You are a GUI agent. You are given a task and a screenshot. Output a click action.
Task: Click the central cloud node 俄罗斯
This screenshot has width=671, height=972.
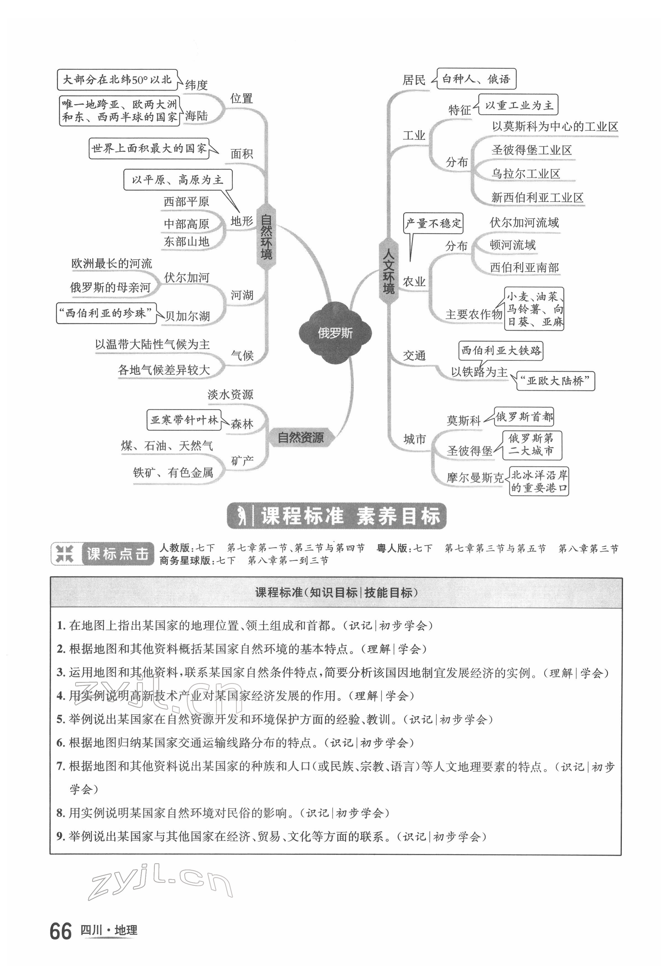[335, 333]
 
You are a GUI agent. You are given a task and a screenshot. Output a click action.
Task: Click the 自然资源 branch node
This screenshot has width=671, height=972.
[301, 438]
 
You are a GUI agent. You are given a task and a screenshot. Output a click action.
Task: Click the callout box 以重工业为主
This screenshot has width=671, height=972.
[519, 105]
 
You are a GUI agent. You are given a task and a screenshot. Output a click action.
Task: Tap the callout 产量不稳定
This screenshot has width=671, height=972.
[433, 223]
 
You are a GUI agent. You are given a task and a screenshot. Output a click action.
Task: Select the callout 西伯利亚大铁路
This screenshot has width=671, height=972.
[501, 351]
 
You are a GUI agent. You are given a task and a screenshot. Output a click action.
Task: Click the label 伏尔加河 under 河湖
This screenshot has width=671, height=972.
[186, 277]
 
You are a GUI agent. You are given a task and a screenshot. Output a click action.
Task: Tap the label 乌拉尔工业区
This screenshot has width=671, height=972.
[526, 173]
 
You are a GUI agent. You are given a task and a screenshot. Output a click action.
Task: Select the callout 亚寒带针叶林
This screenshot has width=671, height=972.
[184, 420]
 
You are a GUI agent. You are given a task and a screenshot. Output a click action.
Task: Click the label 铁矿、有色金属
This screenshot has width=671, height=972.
[173, 473]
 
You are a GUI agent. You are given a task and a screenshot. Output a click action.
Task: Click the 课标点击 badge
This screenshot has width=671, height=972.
[102, 554]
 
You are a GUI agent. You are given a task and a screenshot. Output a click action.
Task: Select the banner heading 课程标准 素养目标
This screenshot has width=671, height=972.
[336, 516]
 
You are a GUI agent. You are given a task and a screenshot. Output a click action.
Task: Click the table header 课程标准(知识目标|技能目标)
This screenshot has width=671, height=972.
[336, 592]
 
